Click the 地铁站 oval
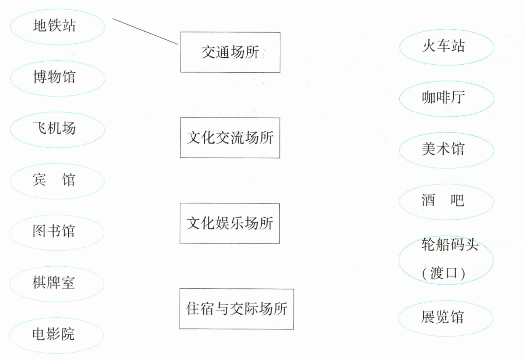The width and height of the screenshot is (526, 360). pos(58,26)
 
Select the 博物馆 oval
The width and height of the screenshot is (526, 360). pos(57,78)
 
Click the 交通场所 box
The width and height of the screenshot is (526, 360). pos(230,52)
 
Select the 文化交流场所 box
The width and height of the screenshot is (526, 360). pos(230,138)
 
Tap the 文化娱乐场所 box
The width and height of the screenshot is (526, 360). pos(229,223)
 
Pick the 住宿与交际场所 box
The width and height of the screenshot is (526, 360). pos(236,309)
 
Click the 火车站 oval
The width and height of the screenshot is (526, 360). pos(447,47)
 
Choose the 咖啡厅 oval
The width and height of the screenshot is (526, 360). pos(447,98)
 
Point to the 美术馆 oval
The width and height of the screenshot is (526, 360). pos(446,150)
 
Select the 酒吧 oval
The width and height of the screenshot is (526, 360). pos(446,201)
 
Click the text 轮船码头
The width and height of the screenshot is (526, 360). pos(450,245)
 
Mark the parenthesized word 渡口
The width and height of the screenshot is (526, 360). pos(443,273)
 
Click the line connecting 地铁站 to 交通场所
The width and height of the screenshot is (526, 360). pos(145,32)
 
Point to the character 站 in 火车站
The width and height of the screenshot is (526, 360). pos(458,46)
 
